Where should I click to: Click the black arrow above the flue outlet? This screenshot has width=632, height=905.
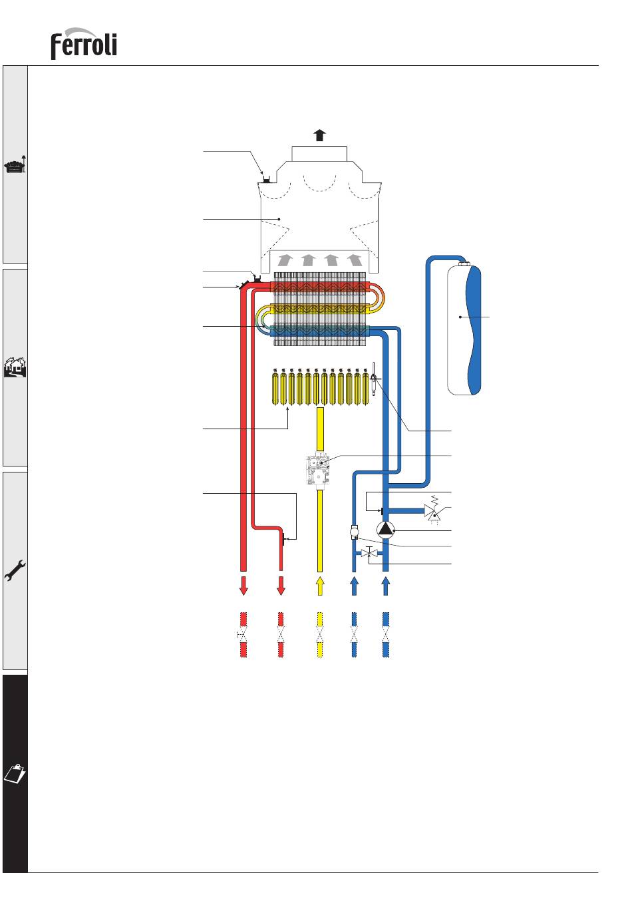coord(320,135)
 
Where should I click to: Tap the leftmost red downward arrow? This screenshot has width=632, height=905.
coord(243,586)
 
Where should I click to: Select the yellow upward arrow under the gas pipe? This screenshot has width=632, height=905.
coord(320,586)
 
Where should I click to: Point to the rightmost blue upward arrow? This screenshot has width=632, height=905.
coord(385,586)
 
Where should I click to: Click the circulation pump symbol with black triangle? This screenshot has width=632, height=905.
coord(385,530)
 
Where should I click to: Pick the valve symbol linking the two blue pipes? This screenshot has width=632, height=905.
coord(369,552)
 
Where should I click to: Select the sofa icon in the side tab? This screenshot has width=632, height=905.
coord(15,165)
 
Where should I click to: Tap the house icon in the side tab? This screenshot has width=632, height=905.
coord(15,367)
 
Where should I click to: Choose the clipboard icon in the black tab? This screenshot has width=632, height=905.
coord(15,773)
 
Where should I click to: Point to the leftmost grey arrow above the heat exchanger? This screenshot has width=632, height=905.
coord(285,260)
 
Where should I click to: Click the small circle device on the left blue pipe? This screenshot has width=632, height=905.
coord(354,532)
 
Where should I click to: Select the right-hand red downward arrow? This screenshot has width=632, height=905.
coord(281,586)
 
